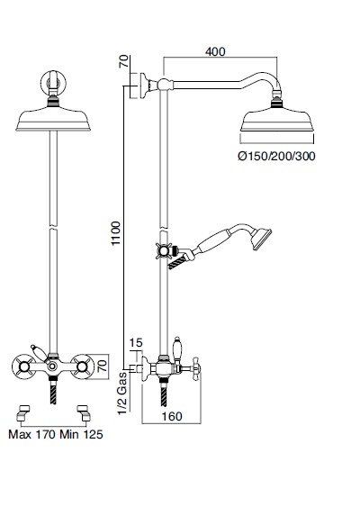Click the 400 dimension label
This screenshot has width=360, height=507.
click(215, 51)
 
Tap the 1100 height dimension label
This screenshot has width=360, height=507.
click(115, 233)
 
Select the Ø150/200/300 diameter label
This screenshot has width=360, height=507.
click(276, 156)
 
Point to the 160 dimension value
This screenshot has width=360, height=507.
click(172, 416)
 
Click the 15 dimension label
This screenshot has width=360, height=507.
click(136, 342)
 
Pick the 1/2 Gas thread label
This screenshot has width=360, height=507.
click(122, 394)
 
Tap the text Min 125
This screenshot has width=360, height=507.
click(81, 434)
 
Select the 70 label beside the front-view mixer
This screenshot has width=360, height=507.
click(102, 366)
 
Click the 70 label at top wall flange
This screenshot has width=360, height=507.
click(124, 61)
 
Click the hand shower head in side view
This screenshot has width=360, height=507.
click(260, 239)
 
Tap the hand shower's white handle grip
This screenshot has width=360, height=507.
click(210, 242)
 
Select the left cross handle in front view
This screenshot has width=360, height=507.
click(23, 367)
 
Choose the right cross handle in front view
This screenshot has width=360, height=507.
click(83, 367)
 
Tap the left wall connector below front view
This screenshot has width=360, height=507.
click(22, 413)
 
